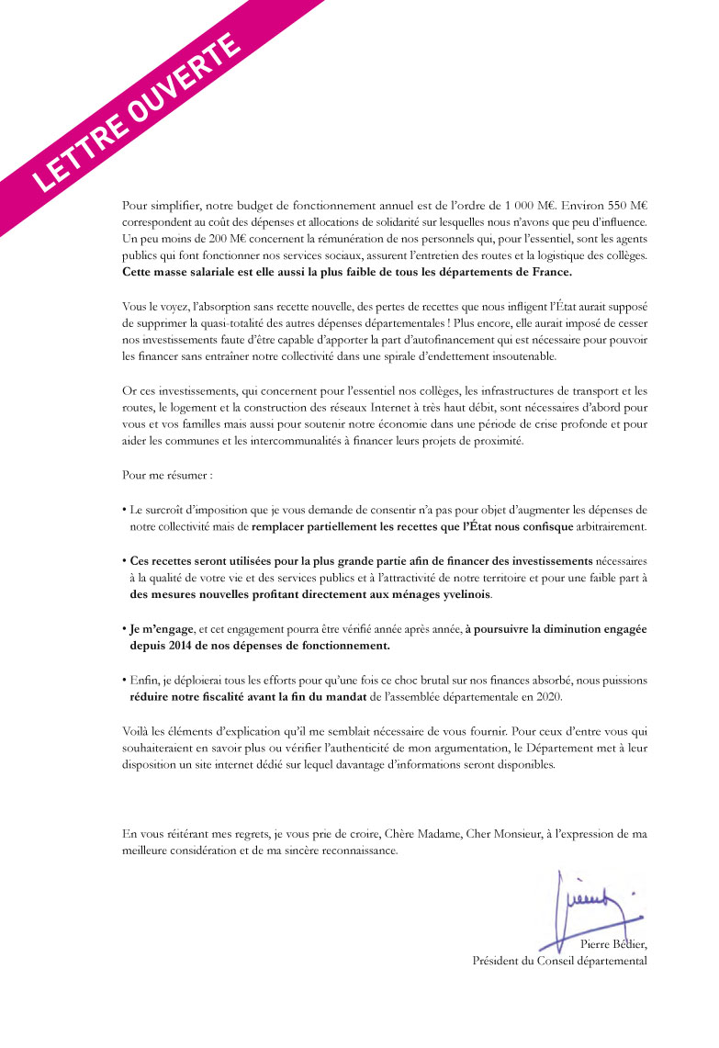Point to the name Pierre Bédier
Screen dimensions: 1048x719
(x=614, y=945)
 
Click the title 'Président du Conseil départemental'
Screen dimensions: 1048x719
(x=559, y=962)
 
